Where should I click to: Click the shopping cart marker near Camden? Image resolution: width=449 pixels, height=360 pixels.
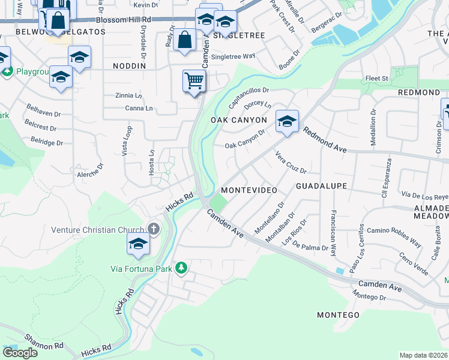coord(194,81)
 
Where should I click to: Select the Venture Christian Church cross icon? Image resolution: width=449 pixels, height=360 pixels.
coord(154,229)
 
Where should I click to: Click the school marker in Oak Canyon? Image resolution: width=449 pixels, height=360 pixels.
coord(287,122)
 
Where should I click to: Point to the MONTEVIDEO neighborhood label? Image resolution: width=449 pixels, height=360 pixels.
coord(249,190)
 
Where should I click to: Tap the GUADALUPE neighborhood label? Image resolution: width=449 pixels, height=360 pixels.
coord(321,186)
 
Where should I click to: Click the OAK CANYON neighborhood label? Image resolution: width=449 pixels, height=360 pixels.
coord(238,120)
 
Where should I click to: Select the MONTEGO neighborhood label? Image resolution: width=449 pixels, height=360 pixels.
coord(338,314)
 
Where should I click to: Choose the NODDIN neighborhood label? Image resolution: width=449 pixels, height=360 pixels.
coord(130,65)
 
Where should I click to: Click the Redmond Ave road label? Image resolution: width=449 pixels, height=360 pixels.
coord(324,140)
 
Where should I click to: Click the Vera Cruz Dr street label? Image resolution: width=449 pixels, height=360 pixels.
coord(291,162)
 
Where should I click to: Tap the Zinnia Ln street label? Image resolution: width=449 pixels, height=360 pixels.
coord(129,95)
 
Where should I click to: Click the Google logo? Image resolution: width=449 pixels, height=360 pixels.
coord(20,353)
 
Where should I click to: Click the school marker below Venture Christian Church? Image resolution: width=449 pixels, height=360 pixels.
coord(138,244)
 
